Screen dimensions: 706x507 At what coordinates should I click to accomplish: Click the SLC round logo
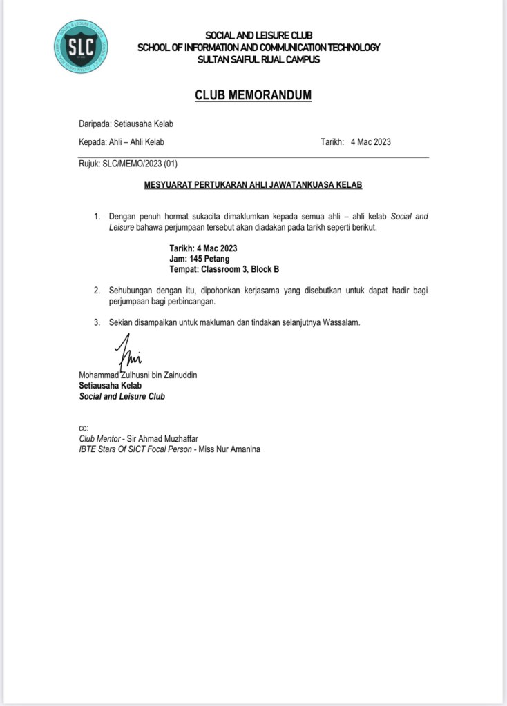81,46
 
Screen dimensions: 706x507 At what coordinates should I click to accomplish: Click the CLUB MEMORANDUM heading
253,95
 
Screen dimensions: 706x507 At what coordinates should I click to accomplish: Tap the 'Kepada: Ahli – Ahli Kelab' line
122,142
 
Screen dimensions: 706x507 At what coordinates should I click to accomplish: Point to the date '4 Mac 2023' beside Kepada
371,142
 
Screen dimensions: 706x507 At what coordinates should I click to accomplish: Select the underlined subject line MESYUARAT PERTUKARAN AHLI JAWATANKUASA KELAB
253,185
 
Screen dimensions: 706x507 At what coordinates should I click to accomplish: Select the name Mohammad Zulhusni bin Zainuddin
138,375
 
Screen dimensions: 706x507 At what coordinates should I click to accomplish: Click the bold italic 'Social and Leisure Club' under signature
122,397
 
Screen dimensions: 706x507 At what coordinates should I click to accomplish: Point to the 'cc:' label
84,428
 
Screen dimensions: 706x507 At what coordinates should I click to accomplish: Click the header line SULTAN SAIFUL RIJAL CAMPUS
258,59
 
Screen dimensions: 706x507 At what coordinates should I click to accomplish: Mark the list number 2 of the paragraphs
97,291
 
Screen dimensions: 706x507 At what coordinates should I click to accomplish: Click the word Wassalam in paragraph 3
341,322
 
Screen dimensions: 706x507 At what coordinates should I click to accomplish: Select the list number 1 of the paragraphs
97,217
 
